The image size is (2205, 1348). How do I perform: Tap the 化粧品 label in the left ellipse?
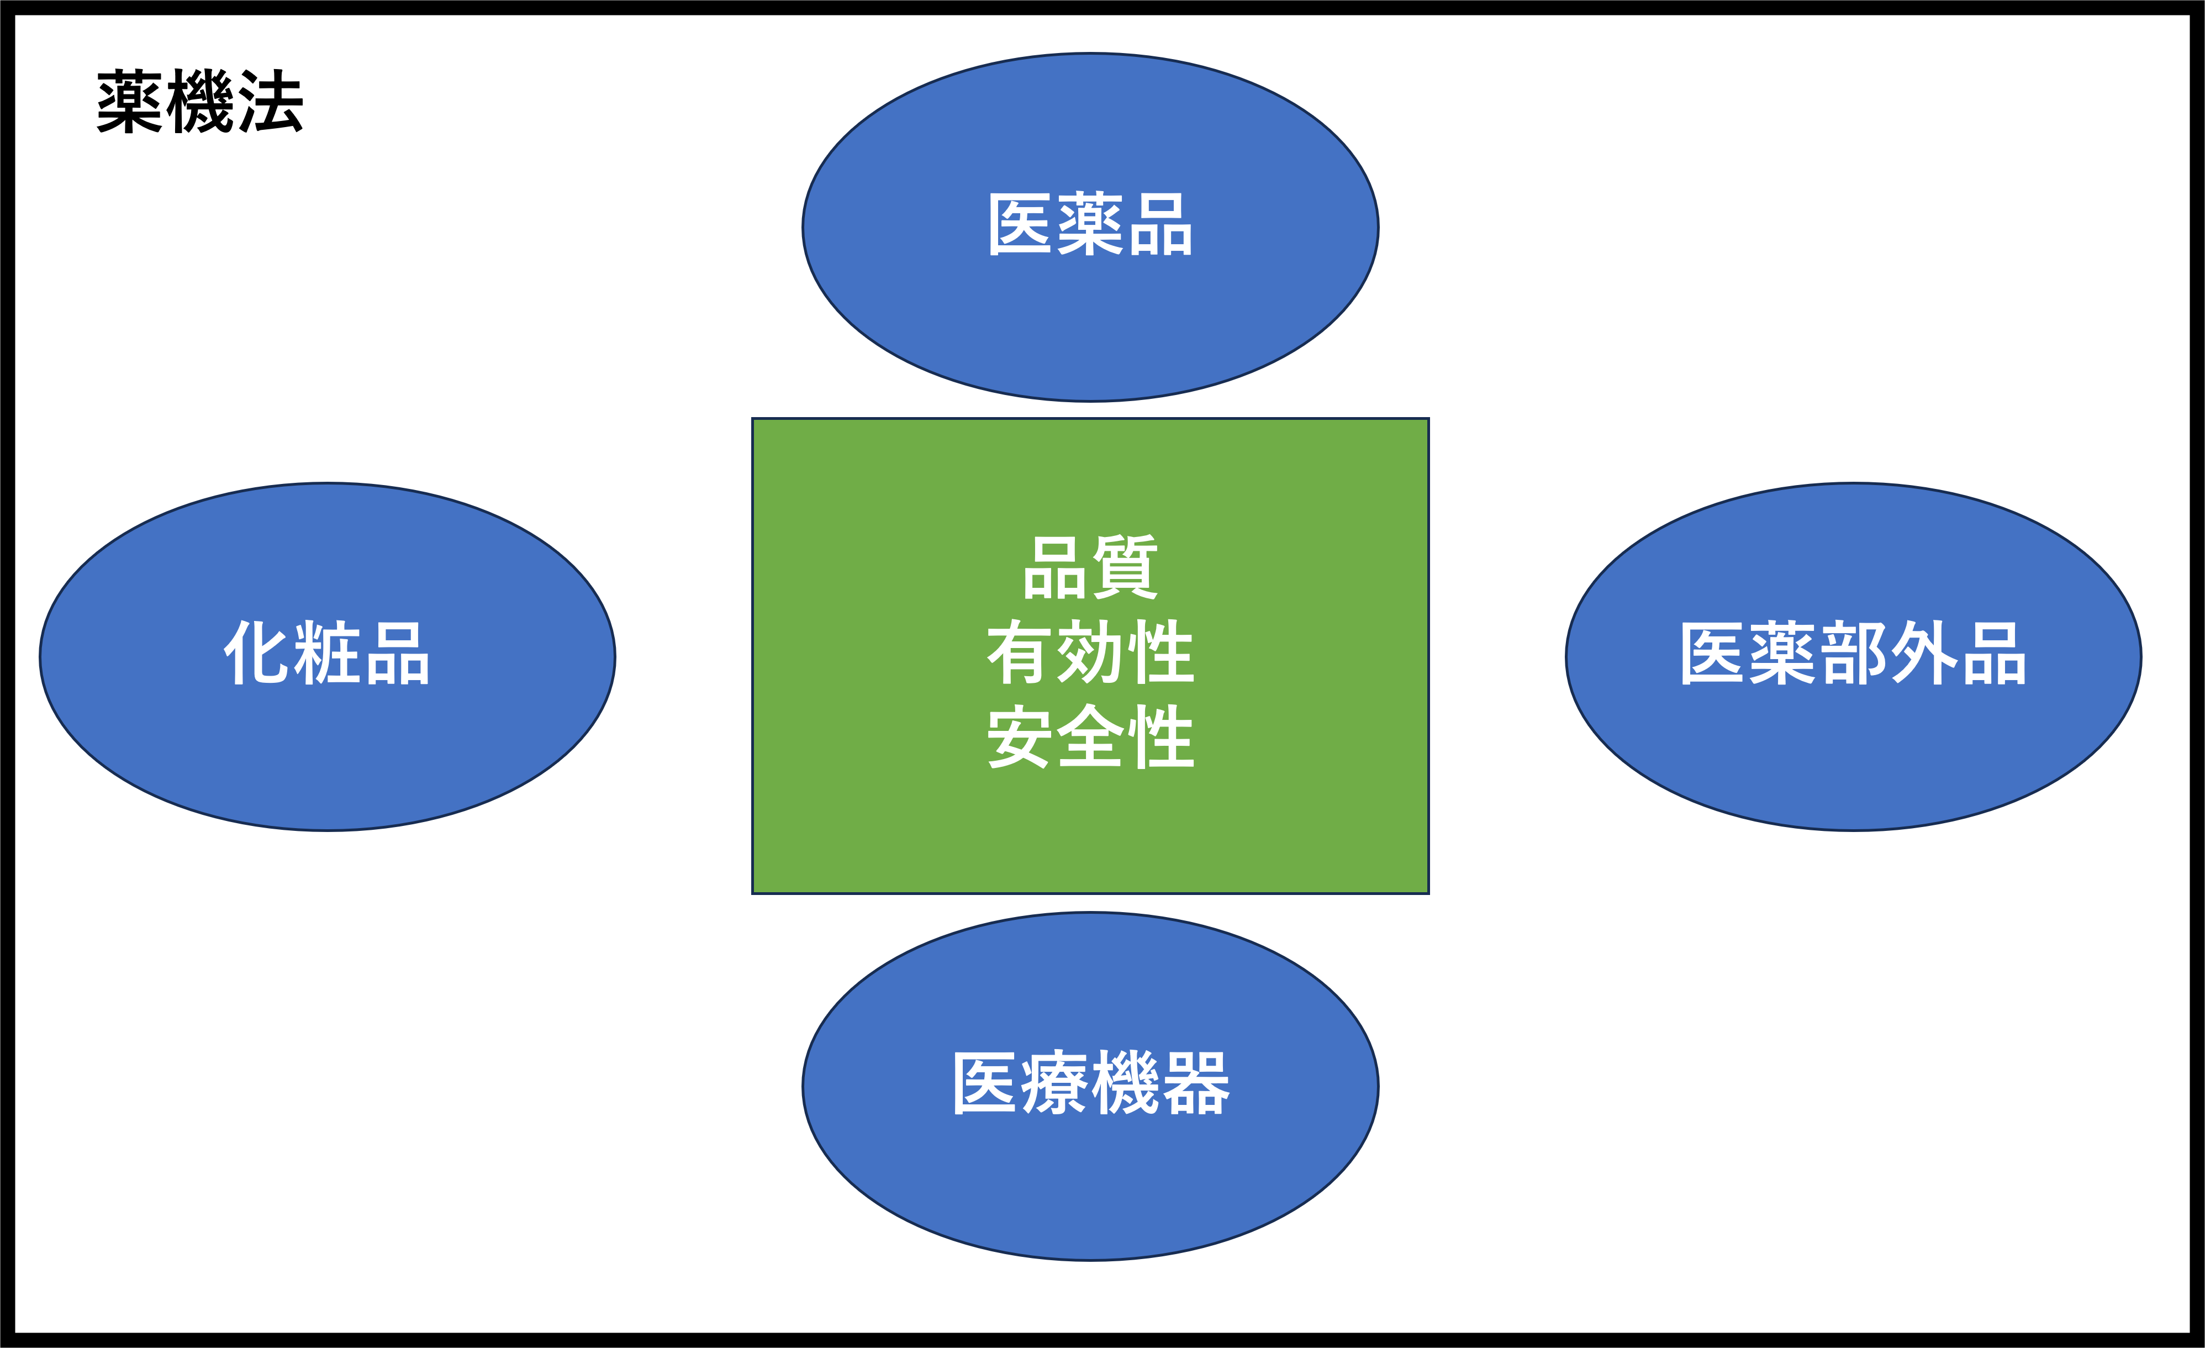(326, 654)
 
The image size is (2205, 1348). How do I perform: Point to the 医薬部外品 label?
(1853, 654)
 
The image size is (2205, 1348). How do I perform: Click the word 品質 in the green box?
(1090, 567)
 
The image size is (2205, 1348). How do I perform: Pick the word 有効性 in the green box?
(1090, 652)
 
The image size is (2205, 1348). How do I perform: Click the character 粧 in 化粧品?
(326, 654)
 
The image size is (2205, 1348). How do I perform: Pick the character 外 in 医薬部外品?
(1923, 654)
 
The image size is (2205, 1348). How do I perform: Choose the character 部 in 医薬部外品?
(1853, 654)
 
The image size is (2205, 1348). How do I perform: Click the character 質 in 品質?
(1125, 567)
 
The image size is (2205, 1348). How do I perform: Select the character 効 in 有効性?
(1090, 652)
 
